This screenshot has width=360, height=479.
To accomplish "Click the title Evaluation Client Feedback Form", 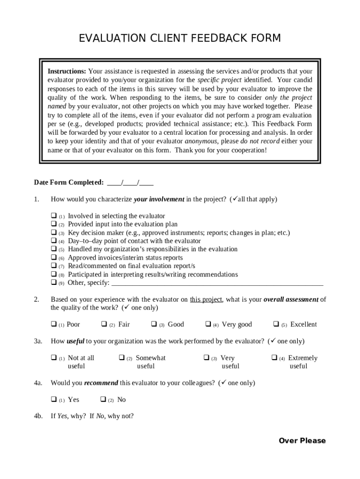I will click(x=180, y=38).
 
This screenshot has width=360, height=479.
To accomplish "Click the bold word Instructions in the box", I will click(x=66, y=72).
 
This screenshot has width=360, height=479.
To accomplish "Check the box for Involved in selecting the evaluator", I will click(x=53, y=216).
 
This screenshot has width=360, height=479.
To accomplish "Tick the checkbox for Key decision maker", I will click(x=53, y=232).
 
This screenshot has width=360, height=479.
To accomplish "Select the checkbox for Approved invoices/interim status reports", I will click(x=53, y=258).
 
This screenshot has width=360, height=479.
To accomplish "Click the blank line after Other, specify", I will click(x=218, y=283).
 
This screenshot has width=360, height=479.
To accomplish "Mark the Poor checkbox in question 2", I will click(x=53, y=324).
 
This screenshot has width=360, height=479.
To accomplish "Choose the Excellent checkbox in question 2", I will click(x=276, y=324).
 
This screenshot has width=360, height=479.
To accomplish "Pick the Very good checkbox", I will click(x=208, y=324).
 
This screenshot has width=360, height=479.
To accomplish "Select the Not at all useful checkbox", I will click(x=53, y=358).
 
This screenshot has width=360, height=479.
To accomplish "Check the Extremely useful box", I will click(x=274, y=358).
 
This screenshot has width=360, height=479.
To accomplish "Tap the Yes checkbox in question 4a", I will click(x=53, y=399).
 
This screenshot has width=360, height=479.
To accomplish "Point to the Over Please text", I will click(x=302, y=441).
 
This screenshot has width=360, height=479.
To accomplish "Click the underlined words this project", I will click(x=206, y=300).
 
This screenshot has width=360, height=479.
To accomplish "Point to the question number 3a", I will click(x=38, y=341).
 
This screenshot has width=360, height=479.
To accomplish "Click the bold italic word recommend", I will click(x=101, y=383).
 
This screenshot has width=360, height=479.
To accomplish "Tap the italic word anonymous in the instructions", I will click(x=201, y=141).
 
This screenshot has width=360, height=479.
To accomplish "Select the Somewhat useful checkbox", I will click(x=122, y=358).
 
